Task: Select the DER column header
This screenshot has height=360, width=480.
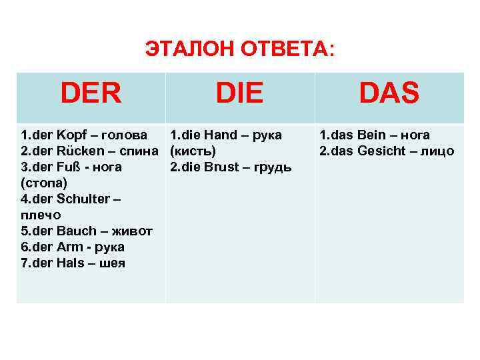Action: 91,94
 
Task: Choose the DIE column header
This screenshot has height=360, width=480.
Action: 239,94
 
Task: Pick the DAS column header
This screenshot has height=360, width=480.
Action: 389,94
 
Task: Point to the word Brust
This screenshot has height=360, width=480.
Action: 222,167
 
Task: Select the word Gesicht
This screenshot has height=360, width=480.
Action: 383,151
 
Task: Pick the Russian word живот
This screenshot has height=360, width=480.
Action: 131,231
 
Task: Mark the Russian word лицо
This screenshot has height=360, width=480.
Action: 439,151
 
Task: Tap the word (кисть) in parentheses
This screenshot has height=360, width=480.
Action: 193,151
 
